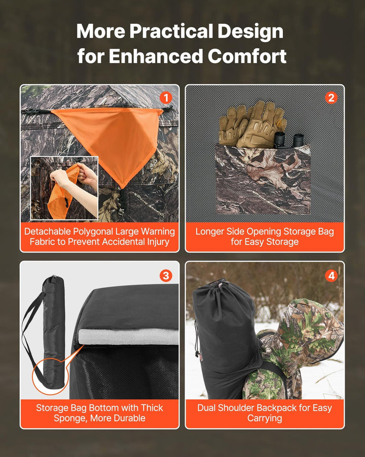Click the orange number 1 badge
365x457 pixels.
pos(165,97)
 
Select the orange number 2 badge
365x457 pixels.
pos(331,97)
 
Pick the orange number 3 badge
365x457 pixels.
pos(165,275)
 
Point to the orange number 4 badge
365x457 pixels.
pos(331,275)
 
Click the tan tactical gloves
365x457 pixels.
pos(251,124)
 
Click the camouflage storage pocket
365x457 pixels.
pos(263,180)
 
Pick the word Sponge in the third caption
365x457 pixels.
pos(70,418)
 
